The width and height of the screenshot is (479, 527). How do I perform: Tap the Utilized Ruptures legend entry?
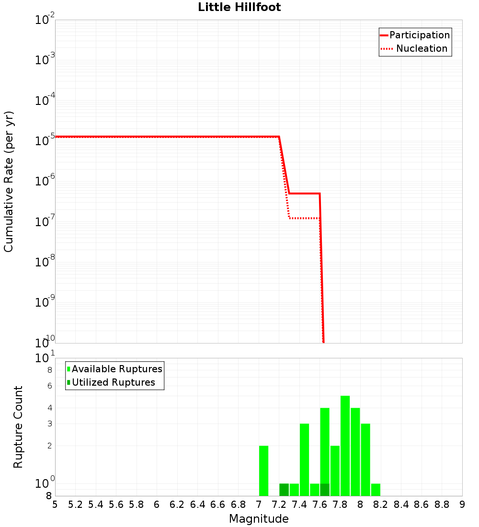coord(113,382)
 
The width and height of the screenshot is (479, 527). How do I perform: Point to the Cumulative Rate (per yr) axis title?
coord(9,182)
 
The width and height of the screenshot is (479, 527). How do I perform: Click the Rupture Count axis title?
coord(18,427)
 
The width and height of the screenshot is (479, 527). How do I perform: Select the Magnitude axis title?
coord(259,519)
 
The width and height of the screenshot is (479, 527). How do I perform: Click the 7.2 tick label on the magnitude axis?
coord(279,504)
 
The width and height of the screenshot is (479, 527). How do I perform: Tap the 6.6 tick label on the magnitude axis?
coord(218,504)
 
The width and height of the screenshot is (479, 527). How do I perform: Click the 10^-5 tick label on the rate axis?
coord(45,140)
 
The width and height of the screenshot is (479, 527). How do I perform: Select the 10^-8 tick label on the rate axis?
coord(45,262)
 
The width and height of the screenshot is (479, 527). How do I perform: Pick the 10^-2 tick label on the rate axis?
coord(45,20)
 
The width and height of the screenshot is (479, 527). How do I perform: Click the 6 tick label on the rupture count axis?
coord(49,386)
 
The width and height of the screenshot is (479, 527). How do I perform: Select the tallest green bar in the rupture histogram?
coord(345,446)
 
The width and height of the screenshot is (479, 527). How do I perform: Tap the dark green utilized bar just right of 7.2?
coord(284,490)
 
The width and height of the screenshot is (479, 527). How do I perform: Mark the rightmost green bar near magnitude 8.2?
coord(376,490)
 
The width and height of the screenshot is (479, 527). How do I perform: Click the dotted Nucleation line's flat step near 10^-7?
coord(305,218)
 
